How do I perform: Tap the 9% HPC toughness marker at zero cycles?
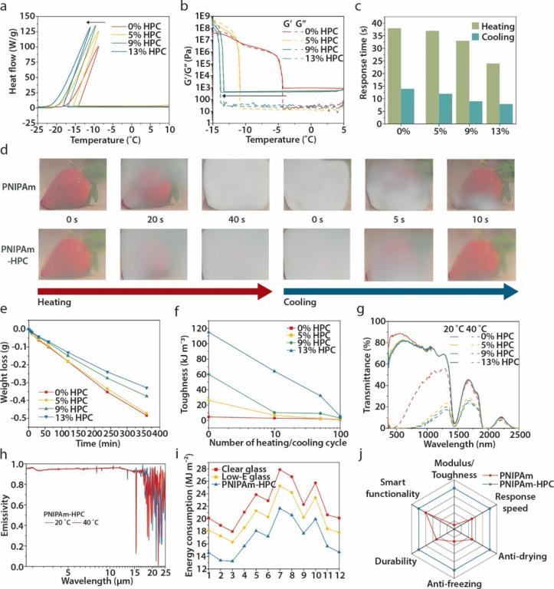209,374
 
